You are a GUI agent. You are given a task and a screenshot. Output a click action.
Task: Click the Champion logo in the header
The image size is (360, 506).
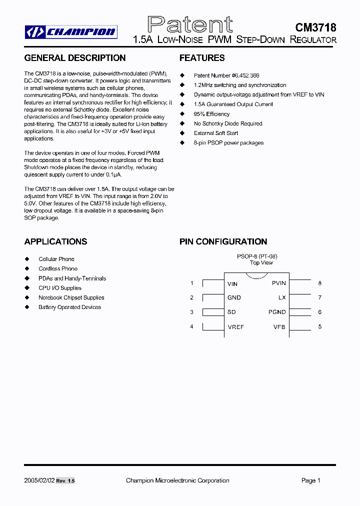[x=71, y=32]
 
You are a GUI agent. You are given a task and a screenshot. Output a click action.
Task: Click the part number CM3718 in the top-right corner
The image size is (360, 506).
[x=315, y=28]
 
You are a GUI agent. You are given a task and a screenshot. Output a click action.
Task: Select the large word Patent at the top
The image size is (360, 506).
[x=190, y=24]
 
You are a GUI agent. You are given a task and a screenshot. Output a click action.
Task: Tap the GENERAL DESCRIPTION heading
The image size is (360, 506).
[x=75, y=58]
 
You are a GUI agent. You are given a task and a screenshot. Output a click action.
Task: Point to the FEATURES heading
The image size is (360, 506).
[x=202, y=58]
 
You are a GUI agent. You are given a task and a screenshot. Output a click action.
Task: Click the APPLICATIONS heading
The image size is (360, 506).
[x=55, y=241]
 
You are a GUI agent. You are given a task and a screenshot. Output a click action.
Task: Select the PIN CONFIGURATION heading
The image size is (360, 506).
[x=223, y=241]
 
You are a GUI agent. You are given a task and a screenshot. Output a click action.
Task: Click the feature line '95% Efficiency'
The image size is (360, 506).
[x=211, y=114]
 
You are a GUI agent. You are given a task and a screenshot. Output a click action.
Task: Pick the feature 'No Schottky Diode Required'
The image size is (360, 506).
[x=228, y=123]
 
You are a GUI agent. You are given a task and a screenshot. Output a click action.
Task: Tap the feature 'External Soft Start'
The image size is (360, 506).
[x=216, y=133]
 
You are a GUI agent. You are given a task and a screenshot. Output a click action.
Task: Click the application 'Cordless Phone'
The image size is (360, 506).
[x=58, y=268]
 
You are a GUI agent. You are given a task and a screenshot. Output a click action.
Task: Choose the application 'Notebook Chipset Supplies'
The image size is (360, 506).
[x=71, y=297]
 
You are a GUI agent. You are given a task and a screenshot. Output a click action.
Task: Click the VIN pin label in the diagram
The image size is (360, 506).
[x=232, y=283]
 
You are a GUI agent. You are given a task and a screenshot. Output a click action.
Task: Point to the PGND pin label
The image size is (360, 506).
[x=277, y=312]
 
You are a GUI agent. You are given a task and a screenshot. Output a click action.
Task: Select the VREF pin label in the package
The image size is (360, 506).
[x=235, y=326]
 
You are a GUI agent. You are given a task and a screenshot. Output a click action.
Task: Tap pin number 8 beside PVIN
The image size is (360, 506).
[x=320, y=283]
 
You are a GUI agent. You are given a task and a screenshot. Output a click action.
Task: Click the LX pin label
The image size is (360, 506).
[x=282, y=297]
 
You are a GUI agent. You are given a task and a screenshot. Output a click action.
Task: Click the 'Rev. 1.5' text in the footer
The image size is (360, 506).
[x=65, y=480]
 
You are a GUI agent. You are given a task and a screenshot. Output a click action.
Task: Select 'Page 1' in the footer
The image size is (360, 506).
[x=310, y=480]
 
